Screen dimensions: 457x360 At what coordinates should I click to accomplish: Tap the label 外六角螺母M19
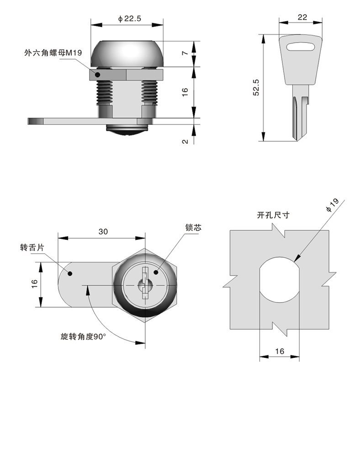tap(53, 53)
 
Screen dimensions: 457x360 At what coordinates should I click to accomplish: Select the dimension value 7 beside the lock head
tap(185, 53)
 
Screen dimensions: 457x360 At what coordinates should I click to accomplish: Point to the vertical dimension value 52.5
tap(256, 87)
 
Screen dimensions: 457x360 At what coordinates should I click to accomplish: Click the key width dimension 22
tap(302, 17)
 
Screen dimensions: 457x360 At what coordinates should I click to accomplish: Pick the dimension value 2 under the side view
tap(185, 141)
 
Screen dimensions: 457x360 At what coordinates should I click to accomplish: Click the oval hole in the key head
tap(302, 45)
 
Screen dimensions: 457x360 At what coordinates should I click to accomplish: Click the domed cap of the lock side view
tap(127, 54)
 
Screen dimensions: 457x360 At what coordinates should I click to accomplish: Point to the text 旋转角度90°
tap(83, 337)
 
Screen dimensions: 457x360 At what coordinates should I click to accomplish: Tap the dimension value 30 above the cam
tap(103, 232)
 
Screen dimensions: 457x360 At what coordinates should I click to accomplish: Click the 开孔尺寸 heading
tap(273, 215)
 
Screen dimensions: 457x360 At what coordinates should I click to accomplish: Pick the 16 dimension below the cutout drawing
tap(280, 351)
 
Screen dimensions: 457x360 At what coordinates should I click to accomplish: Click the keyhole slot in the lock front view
tap(144, 284)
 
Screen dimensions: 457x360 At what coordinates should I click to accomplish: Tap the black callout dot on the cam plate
tap(70, 274)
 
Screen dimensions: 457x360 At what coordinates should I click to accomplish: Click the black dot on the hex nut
tap(97, 74)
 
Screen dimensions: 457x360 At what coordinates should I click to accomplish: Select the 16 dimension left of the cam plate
tap(34, 284)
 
